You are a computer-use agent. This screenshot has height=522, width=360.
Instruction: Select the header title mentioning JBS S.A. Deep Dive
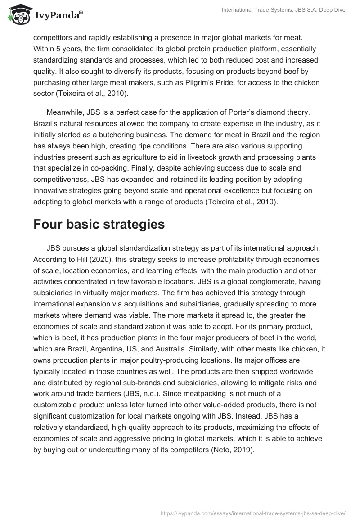click(x=283, y=10)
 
